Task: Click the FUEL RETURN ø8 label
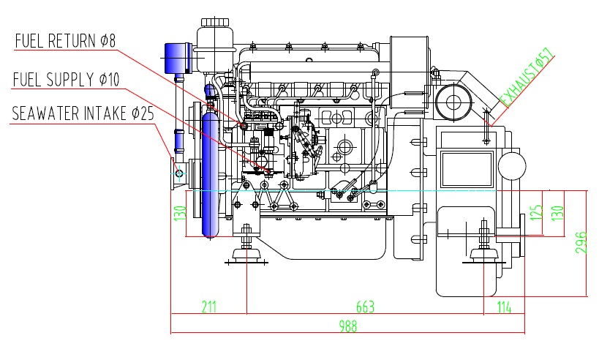click(65, 41)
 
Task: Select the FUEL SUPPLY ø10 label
click(66, 80)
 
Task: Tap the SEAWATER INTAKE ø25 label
click(83, 113)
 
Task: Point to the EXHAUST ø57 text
click(527, 78)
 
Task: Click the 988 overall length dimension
click(348, 326)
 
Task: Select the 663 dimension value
click(365, 307)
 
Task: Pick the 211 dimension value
click(209, 307)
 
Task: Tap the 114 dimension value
click(504, 307)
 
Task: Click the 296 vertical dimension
click(581, 242)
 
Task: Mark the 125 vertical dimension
click(537, 212)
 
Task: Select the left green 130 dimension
click(180, 213)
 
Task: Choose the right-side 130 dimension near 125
click(558, 213)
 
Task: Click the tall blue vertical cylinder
click(210, 174)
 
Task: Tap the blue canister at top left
click(178, 58)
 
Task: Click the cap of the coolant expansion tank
click(215, 22)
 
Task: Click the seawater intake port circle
click(179, 173)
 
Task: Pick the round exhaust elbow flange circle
click(453, 102)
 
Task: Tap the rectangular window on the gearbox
click(467, 168)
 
